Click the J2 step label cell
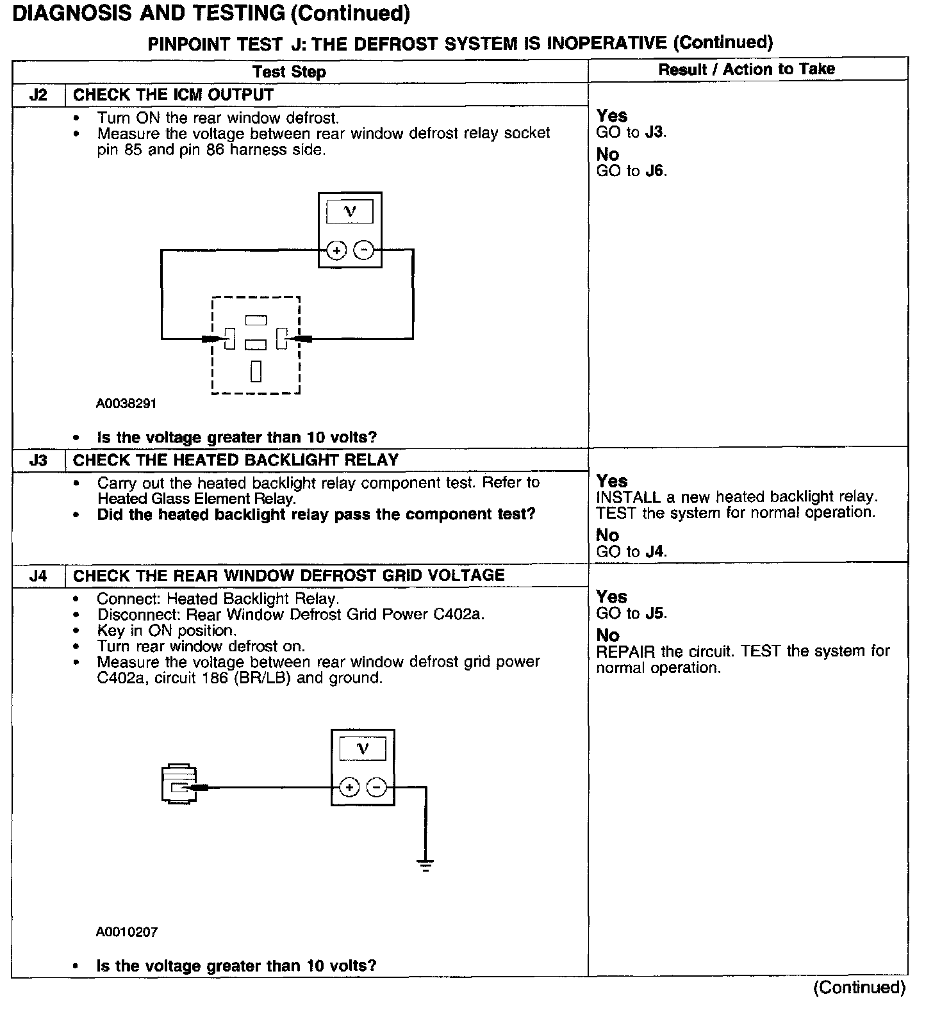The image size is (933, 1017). coord(38,95)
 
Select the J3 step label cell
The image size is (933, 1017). coord(38,460)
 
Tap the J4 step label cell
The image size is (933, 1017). coord(38,576)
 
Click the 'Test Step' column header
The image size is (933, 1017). coord(289,72)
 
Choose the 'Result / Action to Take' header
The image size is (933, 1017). coord(747,69)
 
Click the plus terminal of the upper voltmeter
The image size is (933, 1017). coord(336,250)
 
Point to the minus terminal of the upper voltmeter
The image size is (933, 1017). coord(363,250)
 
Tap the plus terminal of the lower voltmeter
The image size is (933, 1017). coord(349,787)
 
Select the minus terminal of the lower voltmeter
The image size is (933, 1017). coord(377,787)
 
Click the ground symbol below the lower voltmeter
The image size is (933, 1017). coord(425,865)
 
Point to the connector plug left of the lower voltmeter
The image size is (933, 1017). coord(179,783)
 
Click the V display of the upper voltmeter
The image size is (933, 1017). coord(350,212)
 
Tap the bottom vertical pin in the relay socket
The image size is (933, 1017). coord(256,371)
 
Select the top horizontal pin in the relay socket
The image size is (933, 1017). coord(256,319)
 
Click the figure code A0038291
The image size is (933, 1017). coord(126,404)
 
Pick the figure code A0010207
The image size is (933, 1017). coord(127,932)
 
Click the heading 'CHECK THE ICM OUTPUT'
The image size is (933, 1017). coord(173,95)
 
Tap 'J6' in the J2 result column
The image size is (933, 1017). coord(655,171)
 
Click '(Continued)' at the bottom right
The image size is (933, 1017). coord(859,988)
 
